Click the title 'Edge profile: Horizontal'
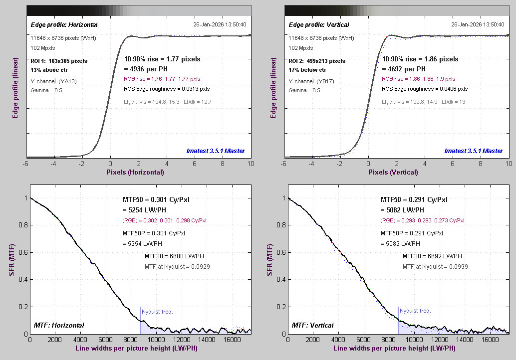64,24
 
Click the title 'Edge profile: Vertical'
318,24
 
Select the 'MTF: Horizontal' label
59,325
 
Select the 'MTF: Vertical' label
313,325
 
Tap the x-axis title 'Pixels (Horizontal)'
135,172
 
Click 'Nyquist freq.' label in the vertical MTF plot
415,311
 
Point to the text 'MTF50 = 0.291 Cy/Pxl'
414,199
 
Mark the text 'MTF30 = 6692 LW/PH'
433,256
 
